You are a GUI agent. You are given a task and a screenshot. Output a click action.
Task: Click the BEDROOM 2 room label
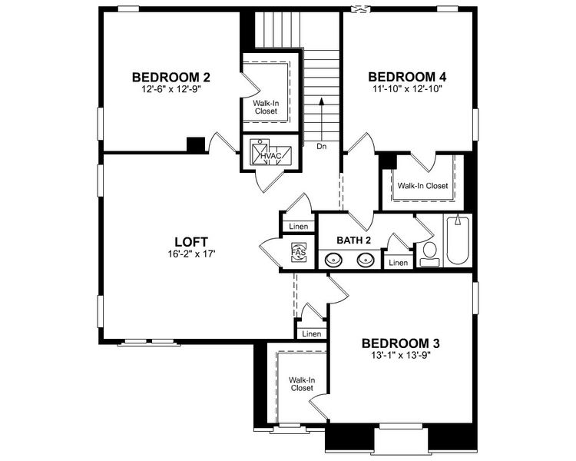tap(170, 77)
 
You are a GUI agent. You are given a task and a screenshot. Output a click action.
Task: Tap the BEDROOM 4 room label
tap(407, 77)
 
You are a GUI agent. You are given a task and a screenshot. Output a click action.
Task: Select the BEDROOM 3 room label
tap(401, 343)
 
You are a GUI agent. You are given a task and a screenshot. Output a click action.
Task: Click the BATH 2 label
tap(354, 240)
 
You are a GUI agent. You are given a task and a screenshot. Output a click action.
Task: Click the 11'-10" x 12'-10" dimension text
tap(407, 89)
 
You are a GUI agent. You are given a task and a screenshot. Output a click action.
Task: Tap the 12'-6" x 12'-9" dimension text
tap(170, 89)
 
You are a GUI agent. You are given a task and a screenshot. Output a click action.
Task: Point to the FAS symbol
tap(298, 252)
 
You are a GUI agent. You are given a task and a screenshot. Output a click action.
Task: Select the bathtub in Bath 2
tap(458, 240)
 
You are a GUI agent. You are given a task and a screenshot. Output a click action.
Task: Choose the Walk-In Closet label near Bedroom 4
tap(422, 186)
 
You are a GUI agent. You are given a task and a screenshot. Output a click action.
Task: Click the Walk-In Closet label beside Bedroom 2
tap(266, 106)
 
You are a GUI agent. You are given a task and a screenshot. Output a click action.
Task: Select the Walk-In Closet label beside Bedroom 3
tap(301, 384)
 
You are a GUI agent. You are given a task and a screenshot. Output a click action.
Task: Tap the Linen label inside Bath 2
tap(398, 263)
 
